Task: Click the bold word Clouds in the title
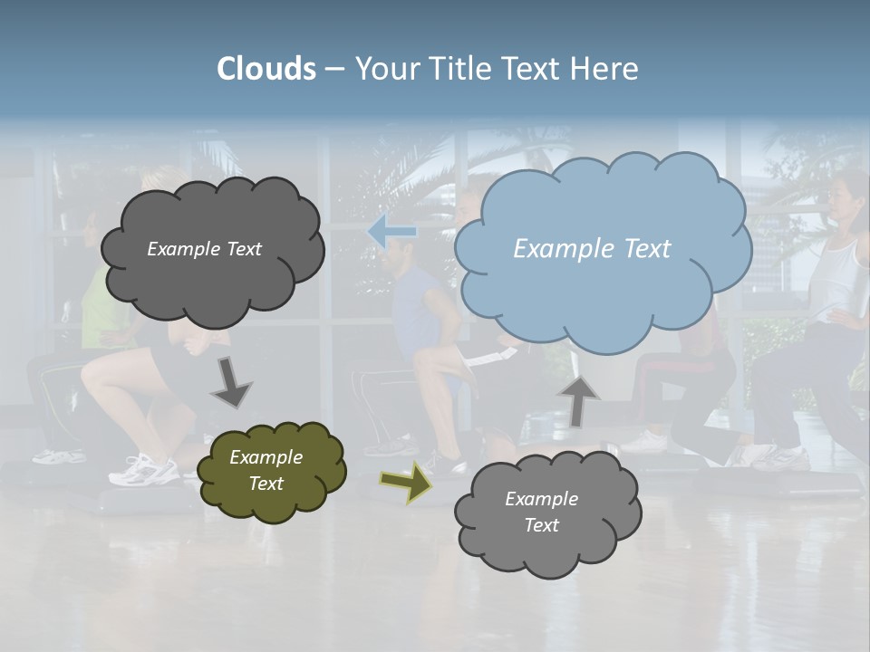(266, 69)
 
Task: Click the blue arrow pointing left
(391, 232)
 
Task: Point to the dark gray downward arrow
(231, 382)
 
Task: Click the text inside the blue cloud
(592, 249)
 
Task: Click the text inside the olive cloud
(266, 470)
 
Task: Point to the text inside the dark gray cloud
(204, 249)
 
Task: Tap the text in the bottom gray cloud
(541, 512)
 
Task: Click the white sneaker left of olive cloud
(145, 469)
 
